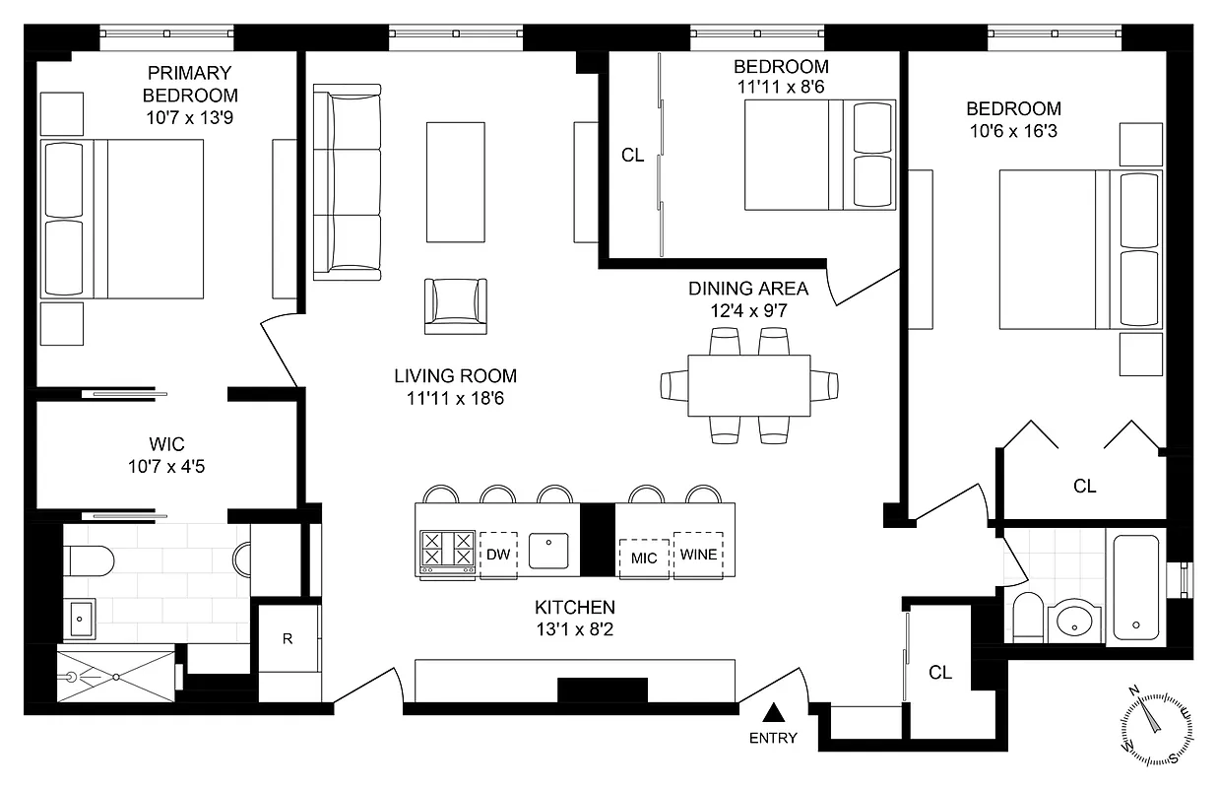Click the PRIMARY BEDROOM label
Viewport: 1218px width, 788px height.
(190, 84)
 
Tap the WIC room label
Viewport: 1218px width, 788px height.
(166, 444)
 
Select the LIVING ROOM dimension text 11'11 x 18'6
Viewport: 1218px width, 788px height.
(455, 398)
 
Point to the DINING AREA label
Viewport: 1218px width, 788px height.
(747, 289)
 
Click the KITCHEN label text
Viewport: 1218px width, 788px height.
(575, 607)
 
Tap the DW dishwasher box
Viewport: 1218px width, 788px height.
(498, 555)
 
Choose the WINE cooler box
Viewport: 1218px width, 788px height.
(698, 555)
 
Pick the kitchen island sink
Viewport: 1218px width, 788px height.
(548, 551)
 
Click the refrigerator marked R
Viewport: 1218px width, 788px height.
(288, 638)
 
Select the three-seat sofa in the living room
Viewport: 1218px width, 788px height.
(347, 182)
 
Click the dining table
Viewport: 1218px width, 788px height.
(748, 385)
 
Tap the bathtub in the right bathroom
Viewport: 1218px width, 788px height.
(1135, 585)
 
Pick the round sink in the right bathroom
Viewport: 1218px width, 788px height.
(1071, 621)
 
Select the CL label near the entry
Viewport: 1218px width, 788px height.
(940, 673)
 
